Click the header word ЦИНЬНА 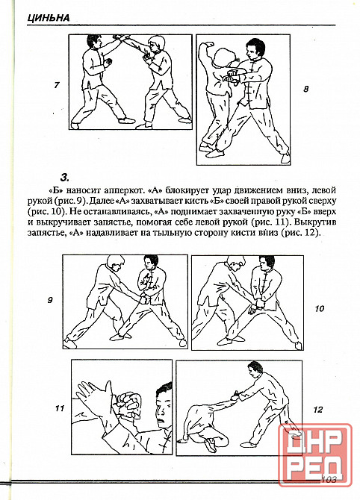pos(49,18)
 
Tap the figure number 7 pos(57,85)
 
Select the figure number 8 pos(305,89)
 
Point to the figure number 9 pos(50,300)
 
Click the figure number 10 pos(319,308)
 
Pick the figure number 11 pos(60,408)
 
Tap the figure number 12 pos(318,409)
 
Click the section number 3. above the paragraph pos(65,177)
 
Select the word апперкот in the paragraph pos(119,191)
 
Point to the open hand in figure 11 pos(93,396)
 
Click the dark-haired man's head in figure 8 pos(255,49)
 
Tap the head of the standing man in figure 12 pos(255,370)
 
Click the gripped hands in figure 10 pos(256,306)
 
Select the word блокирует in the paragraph pos(184,191)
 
